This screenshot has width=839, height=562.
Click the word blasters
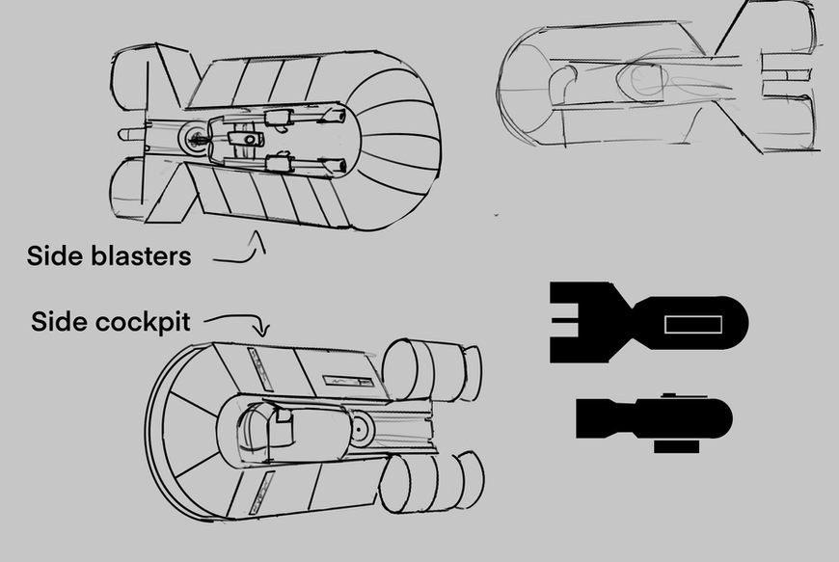tap(141, 255)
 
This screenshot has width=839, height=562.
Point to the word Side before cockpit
tap(60, 321)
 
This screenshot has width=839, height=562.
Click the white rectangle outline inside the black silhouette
tap(693, 324)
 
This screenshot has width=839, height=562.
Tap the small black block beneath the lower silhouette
tap(676, 446)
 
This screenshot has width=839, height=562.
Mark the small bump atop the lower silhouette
tap(670, 395)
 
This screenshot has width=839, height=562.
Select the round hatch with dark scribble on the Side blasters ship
tap(196, 139)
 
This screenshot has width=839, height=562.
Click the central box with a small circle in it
tap(246, 139)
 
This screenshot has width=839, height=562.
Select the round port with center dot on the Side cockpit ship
tap(359, 429)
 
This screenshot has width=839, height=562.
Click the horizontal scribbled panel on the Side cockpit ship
tap(348, 382)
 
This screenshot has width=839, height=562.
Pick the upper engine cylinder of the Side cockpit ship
tap(431, 370)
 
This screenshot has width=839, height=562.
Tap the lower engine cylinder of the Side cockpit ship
tap(431, 482)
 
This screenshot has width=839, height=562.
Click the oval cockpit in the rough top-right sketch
tap(641, 80)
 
